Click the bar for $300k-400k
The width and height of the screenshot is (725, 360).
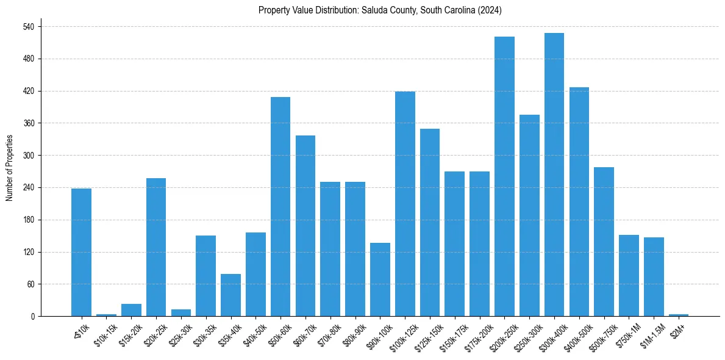(554, 175)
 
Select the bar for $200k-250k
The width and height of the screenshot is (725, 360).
(504, 176)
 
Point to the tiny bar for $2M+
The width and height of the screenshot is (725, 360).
(679, 315)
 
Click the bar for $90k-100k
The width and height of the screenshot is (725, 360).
(380, 279)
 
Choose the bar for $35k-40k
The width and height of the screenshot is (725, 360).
(230, 295)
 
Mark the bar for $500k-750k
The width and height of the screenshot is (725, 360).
(604, 242)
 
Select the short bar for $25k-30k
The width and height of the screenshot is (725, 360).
(180, 312)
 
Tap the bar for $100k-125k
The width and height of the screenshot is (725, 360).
(405, 204)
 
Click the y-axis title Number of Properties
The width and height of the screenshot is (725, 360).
(9, 168)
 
